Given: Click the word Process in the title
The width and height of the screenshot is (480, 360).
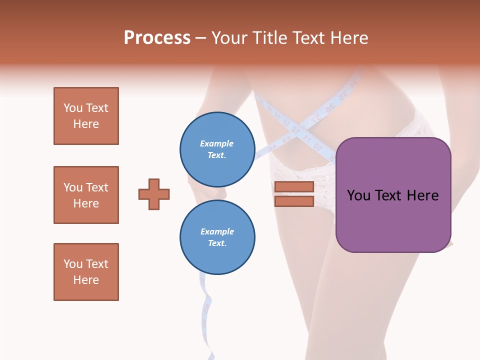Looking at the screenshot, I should coord(157,38).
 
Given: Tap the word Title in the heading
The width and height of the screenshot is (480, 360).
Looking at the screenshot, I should coord(268,38).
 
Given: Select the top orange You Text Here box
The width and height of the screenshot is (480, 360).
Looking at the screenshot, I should coord(86,116).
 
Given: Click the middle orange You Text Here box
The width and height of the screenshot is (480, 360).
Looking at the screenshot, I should coord(86,195).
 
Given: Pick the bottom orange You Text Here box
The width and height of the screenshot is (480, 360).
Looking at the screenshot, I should coord(86,272).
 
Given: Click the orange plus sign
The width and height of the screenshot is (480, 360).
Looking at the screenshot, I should coord(154,194).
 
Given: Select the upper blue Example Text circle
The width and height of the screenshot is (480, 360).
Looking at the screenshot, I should coord(217,149).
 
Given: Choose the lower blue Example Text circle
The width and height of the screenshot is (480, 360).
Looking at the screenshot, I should coord(217,237).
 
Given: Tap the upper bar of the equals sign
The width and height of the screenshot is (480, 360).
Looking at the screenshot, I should coord(294,187).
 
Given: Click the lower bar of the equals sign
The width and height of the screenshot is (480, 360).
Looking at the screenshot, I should coord(294,201).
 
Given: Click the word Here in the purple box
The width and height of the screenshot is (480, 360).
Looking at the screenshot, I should coord(422,195).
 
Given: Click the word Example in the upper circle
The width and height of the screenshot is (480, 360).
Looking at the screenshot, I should coord(217,143).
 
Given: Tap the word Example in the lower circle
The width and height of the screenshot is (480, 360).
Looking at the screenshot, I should coord(217,231).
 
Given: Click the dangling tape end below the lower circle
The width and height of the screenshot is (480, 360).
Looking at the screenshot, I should coord(206,310).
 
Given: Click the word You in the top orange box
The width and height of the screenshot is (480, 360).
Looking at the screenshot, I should coord(72,108).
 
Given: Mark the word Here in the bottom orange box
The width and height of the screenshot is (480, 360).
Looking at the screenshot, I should coord(86,280).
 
